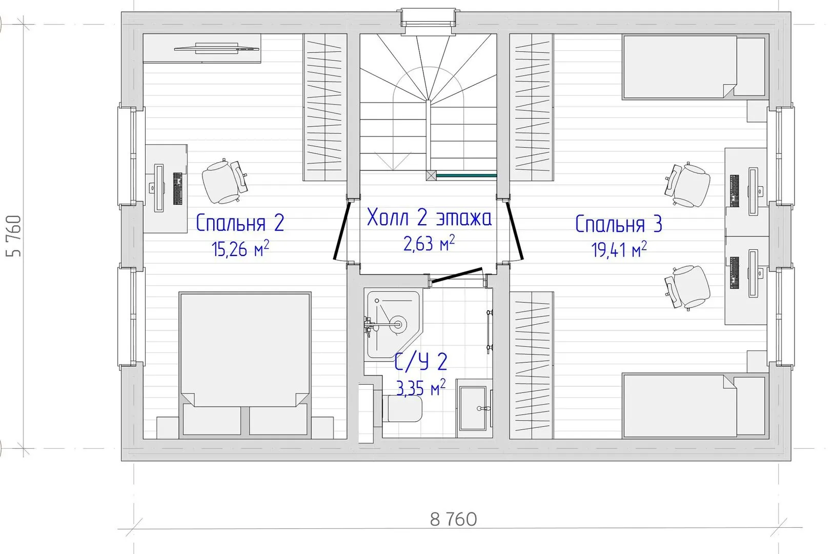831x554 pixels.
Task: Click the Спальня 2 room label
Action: click(240, 223)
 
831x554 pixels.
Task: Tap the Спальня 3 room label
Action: click(618, 224)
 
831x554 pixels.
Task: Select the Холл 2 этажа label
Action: click(429, 217)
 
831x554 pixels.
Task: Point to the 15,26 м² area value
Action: click(240, 249)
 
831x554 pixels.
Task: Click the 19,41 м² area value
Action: click(619, 249)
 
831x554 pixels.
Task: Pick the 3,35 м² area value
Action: click(421, 388)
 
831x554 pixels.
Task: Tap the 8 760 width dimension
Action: click(453, 520)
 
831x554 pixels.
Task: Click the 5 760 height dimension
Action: click(14, 236)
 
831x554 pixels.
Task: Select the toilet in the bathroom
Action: click(402, 408)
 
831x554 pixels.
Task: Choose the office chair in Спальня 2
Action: click(224, 182)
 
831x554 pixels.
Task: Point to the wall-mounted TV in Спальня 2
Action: click(217, 48)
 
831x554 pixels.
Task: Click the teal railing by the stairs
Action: click(467, 175)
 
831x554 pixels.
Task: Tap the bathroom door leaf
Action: click(457, 275)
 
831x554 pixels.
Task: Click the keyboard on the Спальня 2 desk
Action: click(178, 188)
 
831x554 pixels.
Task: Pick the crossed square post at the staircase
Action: click(431, 175)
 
